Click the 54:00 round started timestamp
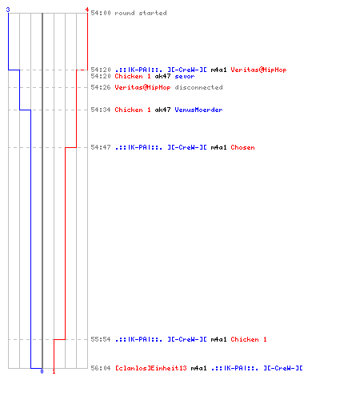pos(101,13)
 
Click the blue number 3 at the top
pos(8,10)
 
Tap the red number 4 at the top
pos(87,10)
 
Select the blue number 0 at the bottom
pos(42,371)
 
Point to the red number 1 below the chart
pos(54,371)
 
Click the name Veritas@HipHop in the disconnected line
pos(142,87)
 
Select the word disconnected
pos(198,87)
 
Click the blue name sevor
pos(185,76)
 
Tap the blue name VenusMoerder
pos(198,110)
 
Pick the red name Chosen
pos(242,147)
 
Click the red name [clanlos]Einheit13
pos(151,368)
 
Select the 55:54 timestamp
pos(101,339)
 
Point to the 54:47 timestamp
pos(101,147)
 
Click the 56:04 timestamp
pos(101,368)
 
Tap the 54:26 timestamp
pos(101,87)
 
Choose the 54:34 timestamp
pos(101,110)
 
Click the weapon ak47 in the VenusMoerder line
pos(162,110)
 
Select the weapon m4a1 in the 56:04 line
pos(198,368)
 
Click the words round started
pos(141,13)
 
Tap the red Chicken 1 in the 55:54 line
pos(249,339)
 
